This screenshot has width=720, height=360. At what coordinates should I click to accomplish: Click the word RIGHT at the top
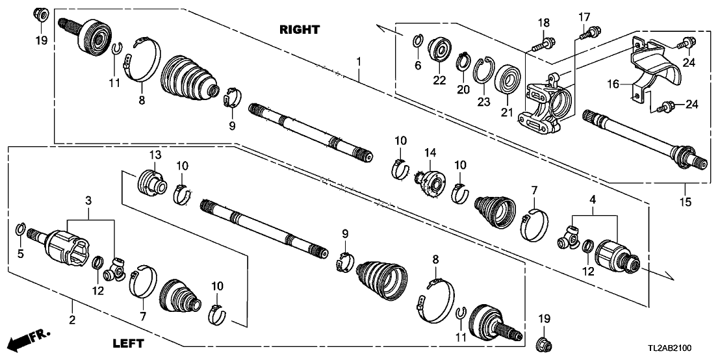pos(300,29)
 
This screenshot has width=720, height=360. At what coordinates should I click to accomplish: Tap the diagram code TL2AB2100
pos(682,349)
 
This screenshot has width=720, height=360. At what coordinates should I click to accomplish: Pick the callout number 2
pos(72,319)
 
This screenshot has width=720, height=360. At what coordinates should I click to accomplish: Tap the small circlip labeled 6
pos(418,43)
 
